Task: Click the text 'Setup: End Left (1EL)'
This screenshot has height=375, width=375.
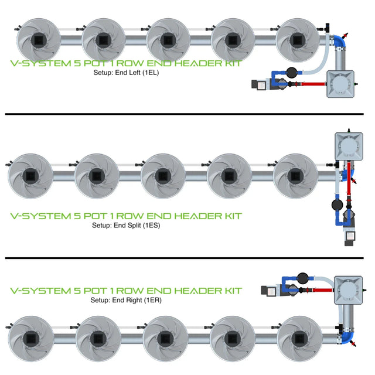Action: tap(126, 74)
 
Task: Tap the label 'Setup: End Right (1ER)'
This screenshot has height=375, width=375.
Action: tap(126, 300)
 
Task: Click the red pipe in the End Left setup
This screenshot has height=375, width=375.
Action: tap(311, 84)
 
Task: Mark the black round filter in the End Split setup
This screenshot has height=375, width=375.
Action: tap(336, 205)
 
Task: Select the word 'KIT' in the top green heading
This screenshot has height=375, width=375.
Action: tap(229, 64)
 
